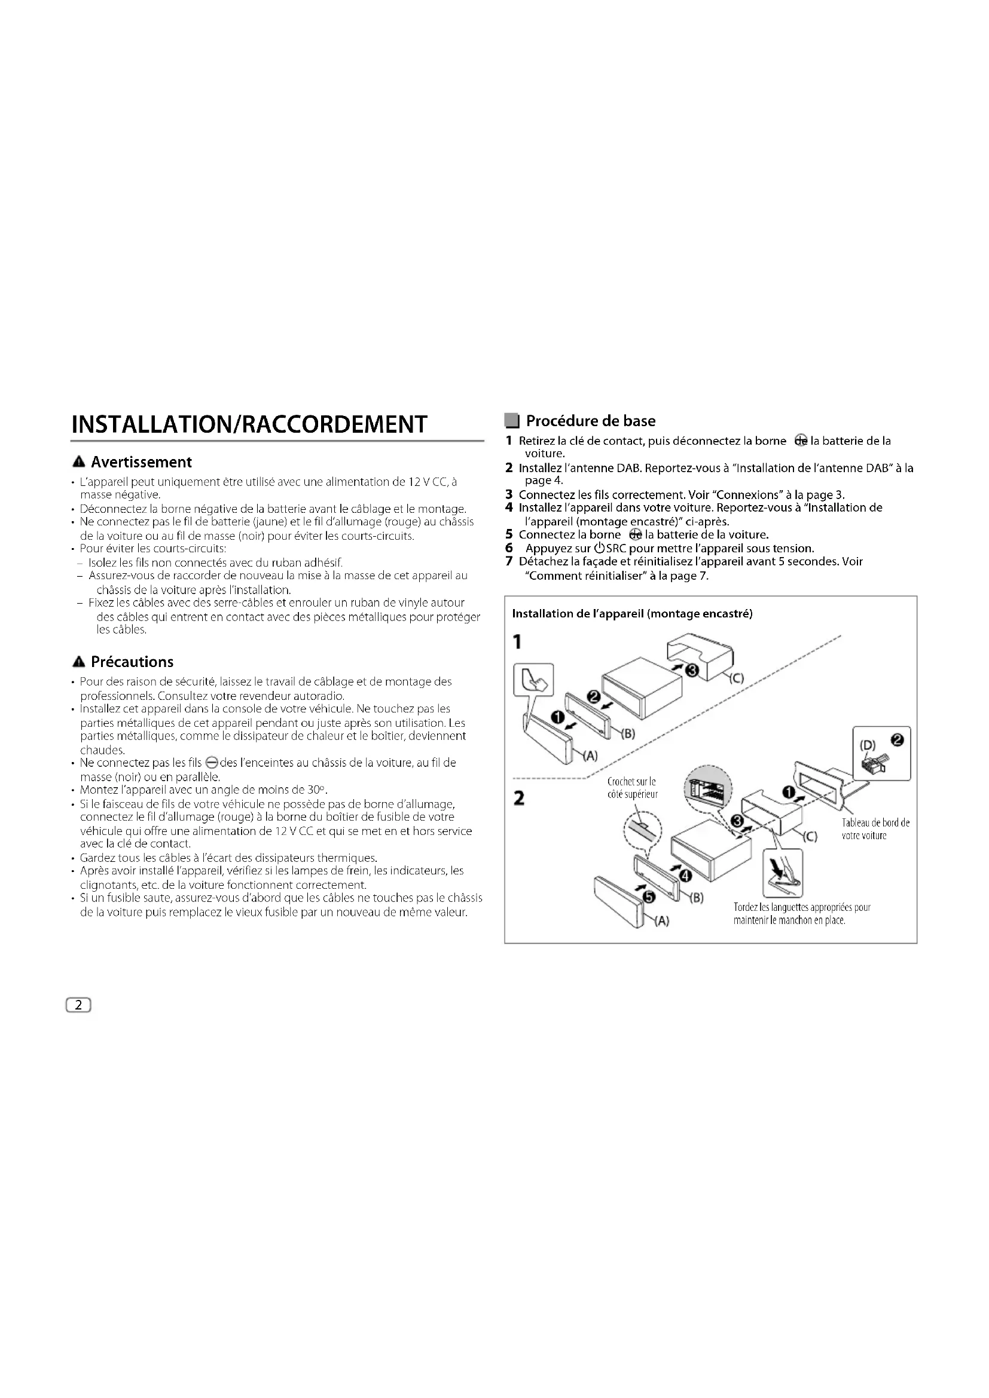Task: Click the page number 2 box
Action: pyautogui.click(x=78, y=1005)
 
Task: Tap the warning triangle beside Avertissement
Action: pyautogui.click(x=78, y=463)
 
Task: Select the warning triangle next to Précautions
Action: pyautogui.click(x=78, y=662)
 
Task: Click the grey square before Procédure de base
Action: pyautogui.click(x=512, y=421)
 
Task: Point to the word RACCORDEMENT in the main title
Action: pyautogui.click(x=335, y=424)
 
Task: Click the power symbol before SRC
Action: pyautogui.click(x=599, y=549)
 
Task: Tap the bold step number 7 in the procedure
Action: pyautogui.click(x=509, y=561)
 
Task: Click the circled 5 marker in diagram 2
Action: pyautogui.click(x=649, y=897)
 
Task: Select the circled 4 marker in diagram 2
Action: pyautogui.click(x=685, y=876)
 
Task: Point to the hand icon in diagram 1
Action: pyautogui.click(x=534, y=681)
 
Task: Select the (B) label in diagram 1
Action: pyautogui.click(x=628, y=734)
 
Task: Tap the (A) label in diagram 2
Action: pyautogui.click(x=661, y=922)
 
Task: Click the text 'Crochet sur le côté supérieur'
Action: pyautogui.click(x=632, y=788)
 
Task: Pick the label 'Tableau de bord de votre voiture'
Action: pyautogui.click(x=875, y=828)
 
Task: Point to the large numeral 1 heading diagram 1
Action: pyautogui.click(x=517, y=642)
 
